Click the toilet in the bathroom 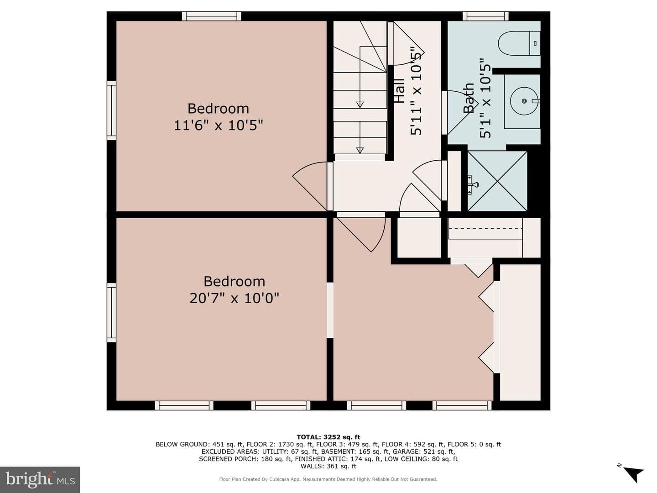pyautogui.click(x=519, y=43)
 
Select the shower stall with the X pyautogui.click(x=497, y=181)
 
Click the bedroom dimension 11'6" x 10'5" pyautogui.click(x=218, y=125)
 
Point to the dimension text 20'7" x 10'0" pyautogui.click(x=235, y=298)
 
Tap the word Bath pyautogui.click(x=469, y=98)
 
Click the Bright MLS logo pyautogui.click(x=40, y=479)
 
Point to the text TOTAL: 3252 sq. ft pyautogui.click(x=328, y=437)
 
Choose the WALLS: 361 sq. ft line pyautogui.click(x=328, y=466)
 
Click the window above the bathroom pyautogui.click(x=485, y=16)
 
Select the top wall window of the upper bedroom pyautogui.click(x=212, y=16)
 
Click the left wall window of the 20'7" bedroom pyautogui.click(x=112, y=313)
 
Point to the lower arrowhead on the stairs pyautogui.click(x=360, y=150)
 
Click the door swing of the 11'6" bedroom pyautogui.click(x=309, y=186)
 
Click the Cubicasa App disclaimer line pyautogui.click(x=328, y=479)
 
